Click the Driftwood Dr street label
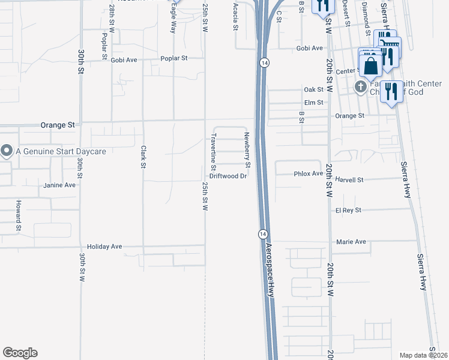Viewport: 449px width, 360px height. pos(228,176)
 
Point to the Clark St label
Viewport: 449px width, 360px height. pos(143,157)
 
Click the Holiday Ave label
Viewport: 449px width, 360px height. pos(104,247)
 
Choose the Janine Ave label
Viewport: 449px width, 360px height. pos(59,185)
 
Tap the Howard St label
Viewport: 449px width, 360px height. pos(19,215)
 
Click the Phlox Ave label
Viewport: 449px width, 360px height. pos(309,174)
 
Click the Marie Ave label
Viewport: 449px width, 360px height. pos(351,242)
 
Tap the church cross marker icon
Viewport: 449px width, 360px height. pos(360,87)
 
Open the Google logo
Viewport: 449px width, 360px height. pos(20,353)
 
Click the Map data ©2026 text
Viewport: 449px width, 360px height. pos(423,355)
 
